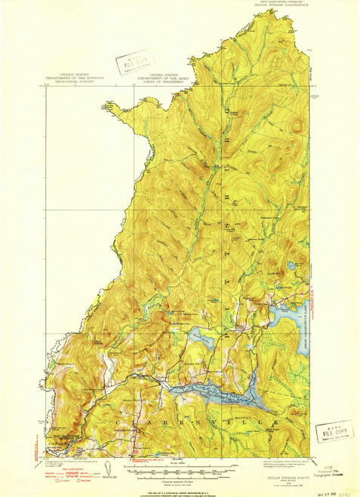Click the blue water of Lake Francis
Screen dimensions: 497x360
[219, 393]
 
